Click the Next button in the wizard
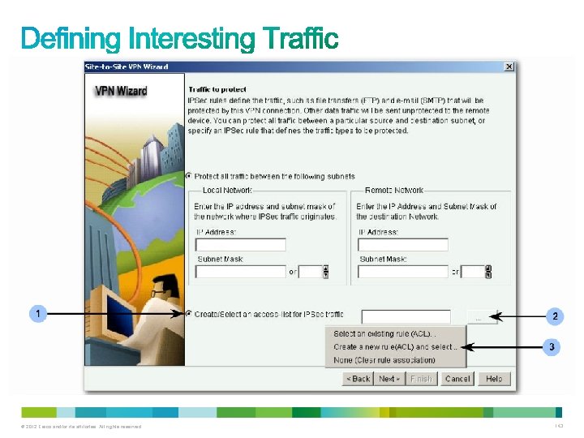click(390, 379)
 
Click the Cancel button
click(457, 379)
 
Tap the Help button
click(494, 379)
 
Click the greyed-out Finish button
click(422, 379)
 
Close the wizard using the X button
click(509, 67)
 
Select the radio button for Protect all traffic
click(190, 176)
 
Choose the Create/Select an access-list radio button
click(190, 314)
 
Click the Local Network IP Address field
click(241, 244)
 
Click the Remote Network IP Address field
click(403, 244)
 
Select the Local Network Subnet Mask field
click(241, 272)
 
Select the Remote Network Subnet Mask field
click(403, 272)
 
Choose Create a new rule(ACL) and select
click(395, 347)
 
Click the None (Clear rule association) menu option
click(373, 360)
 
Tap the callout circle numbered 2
click(555, 316)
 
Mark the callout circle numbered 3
click(552, 347)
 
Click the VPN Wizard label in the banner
click(121, 91)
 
